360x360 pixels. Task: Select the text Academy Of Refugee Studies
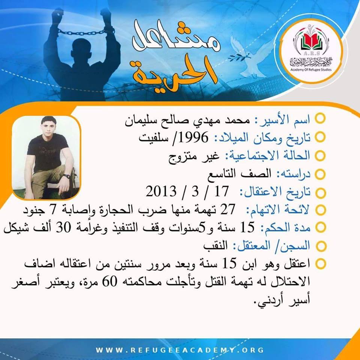pyautogui.click(x=311, y=69)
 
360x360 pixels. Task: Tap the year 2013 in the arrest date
pyautogui.click(x=161, y=191)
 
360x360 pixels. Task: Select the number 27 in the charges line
pyautogui.click(x=228, y=209)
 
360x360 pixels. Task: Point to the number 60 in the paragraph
pyautogui.click(x=109, y=282)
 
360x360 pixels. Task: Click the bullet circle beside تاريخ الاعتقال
pyautogui.click(x=320, y=192)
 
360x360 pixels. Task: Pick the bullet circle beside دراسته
pyautogui.click(x=320, y=174)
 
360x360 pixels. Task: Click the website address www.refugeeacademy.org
pyautogui.click(x=180, y=350)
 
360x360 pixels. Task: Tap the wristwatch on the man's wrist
pyautogui.click(x=67, y=176)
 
